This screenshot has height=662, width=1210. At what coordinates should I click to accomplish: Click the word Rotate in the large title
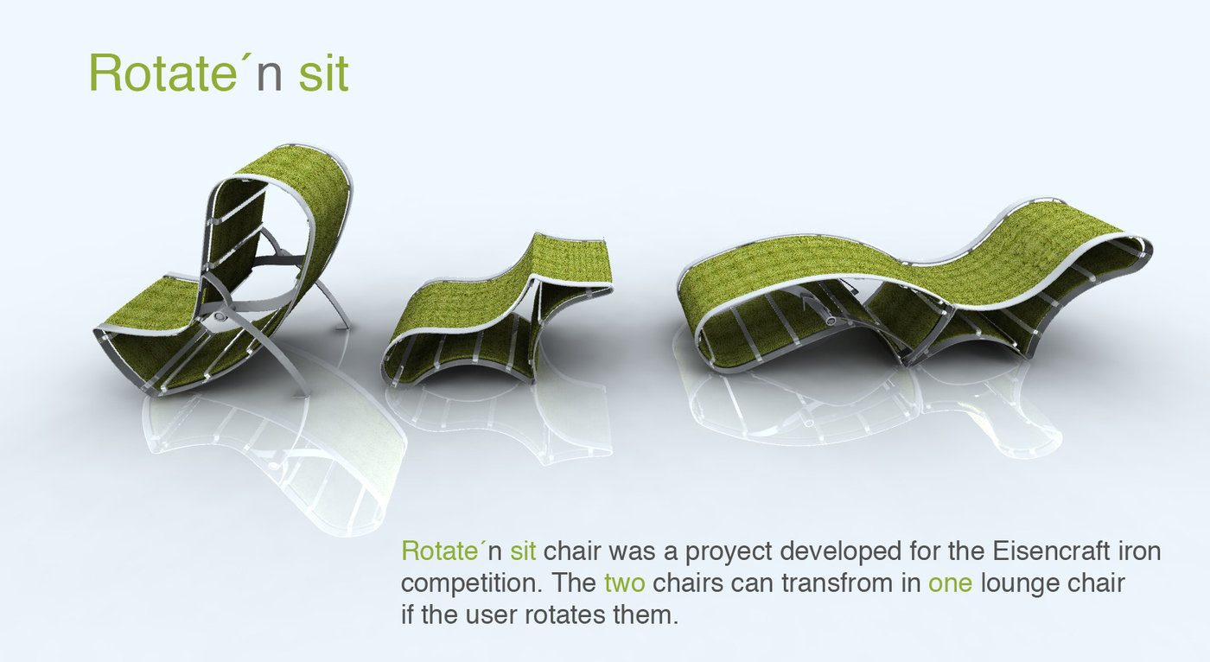[162, 73]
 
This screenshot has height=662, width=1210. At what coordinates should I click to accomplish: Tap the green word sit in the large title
[323, 73]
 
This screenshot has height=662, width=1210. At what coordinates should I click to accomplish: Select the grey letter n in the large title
[269, 79]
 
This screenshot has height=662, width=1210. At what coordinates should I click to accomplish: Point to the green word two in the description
[624, 583]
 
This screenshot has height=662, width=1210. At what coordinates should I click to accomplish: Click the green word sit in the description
[523, 551]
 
